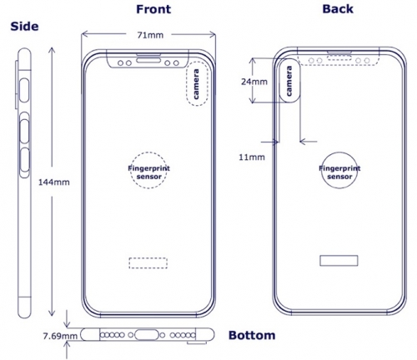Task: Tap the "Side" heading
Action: (x=26, y=26)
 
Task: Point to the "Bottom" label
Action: (x=251, y=335)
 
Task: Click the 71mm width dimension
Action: (x=150, y=36)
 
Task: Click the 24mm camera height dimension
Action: (x=254, y=82)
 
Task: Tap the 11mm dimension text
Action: (x=252, y=156)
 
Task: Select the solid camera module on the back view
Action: (x=292, y=82)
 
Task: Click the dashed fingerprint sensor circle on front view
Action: (x=148, y=174)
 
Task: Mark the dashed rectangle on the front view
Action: (x=148, y=262)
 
